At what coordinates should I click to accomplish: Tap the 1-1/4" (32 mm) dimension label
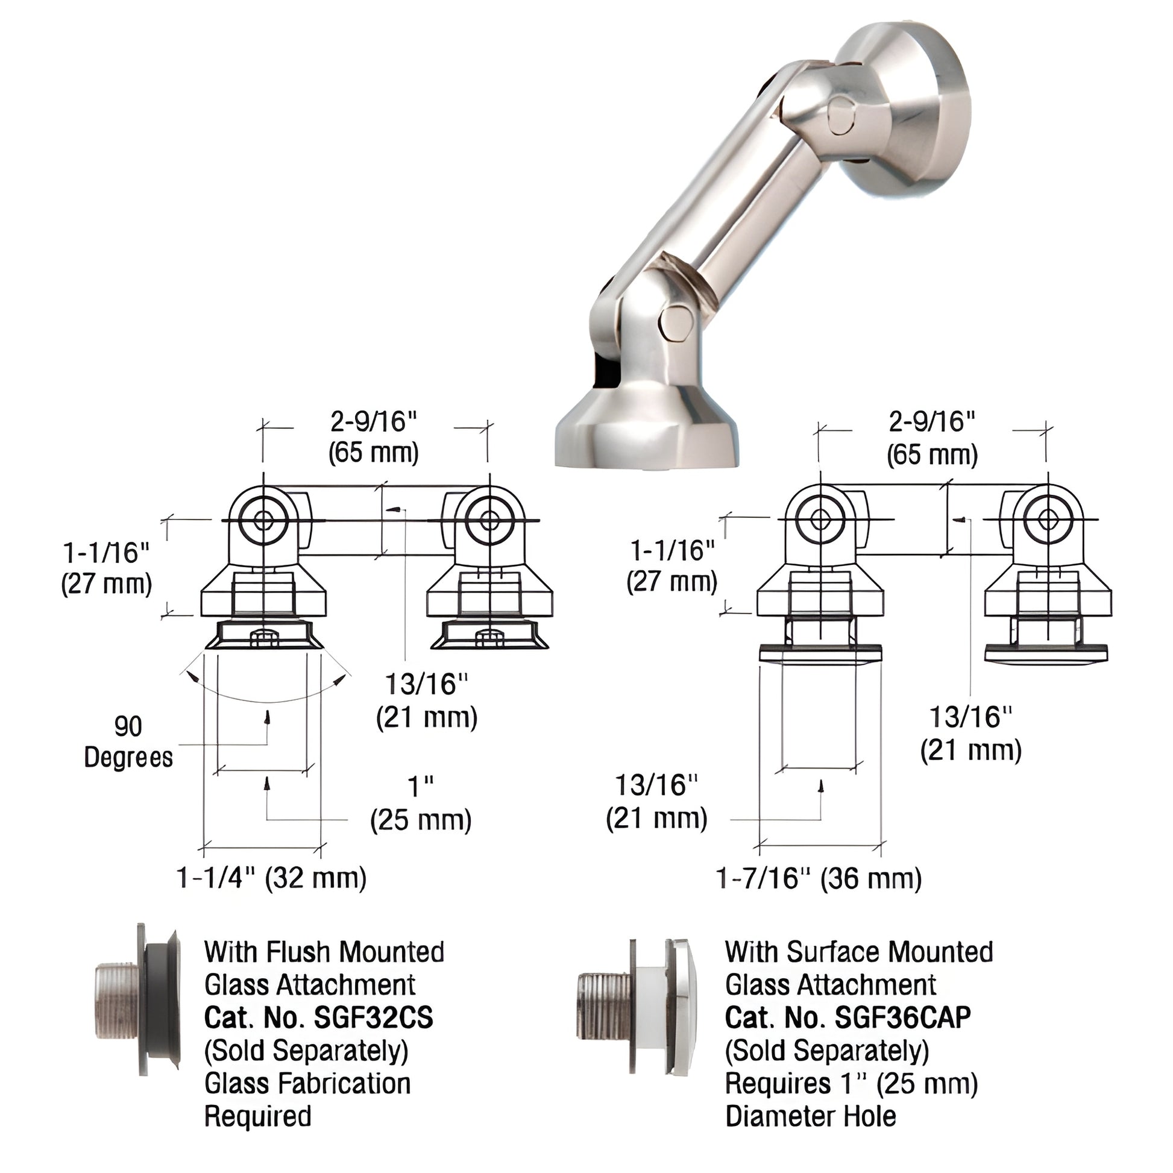(x=271, y=878)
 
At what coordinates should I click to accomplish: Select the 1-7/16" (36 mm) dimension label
(x=819, y=878)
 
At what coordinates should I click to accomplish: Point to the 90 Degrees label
(x=128, y=742)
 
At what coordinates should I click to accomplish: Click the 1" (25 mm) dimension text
(x=421, y=804)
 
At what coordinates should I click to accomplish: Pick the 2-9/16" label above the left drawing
(x=374, y=421)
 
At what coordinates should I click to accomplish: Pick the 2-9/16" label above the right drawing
(x=932, y=421)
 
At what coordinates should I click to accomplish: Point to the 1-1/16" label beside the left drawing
(x=106, y=553)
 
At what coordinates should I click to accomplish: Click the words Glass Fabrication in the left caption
(x=308, y=1084)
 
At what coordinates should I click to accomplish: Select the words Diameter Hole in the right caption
(x=811, y=1116)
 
